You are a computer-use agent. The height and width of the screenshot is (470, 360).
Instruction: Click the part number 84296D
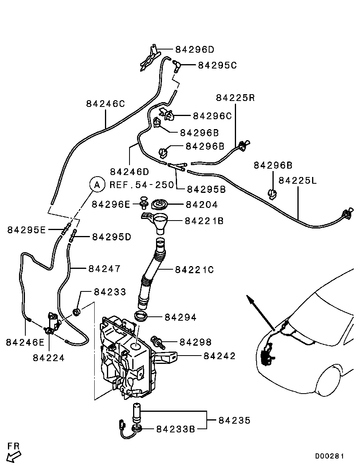coord(194,49)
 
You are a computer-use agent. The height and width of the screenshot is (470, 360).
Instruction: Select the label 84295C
coord(217,65)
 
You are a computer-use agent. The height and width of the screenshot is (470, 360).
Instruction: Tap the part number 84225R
coord(236,98)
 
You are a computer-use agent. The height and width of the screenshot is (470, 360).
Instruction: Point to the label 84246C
coord(106,104)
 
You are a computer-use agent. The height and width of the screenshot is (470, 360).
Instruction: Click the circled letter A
coord(96,185)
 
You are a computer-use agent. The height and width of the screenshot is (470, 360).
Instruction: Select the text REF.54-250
coord(141,185)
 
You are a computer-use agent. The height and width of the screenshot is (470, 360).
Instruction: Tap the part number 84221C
coord(194,270)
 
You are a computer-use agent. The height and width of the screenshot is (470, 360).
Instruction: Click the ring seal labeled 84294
coord(141,317)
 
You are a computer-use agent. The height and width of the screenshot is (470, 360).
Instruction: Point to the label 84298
coord(196,342)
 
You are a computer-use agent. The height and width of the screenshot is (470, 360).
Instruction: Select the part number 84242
coord(219,356)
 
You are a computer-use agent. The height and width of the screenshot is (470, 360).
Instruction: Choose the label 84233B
coord(175,429)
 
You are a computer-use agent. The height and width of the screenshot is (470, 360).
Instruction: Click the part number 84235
coord(234,420)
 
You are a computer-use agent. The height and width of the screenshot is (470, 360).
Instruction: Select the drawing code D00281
coord(330,456)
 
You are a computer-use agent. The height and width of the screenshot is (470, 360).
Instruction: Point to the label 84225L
coord(298,181)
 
